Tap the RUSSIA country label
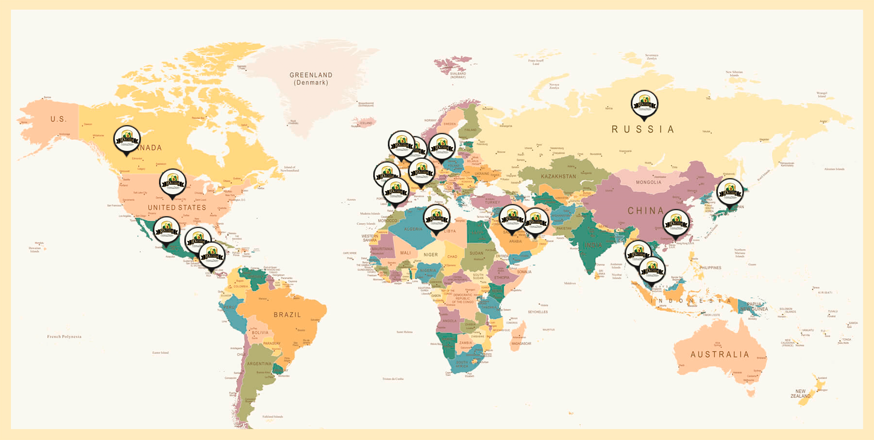click(642, 129)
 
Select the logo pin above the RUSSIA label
click(644, 104)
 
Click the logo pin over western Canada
click(127, 139)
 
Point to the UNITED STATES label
click(177, 208)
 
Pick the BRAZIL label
click(287, 315)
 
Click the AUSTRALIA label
click(720, 355)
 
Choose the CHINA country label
click(646, 211)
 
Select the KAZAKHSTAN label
click(558, 176)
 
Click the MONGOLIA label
click(648, 182)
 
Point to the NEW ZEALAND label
click(800, 394)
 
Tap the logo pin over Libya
click(437, 218)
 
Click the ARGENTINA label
click(259, 364)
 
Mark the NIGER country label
click(431, 255)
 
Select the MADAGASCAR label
click(521, 344)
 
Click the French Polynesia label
click(64, 336)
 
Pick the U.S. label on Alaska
click(58, 119)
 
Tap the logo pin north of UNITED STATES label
click(173, 182)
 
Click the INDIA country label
click(593, 245)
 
